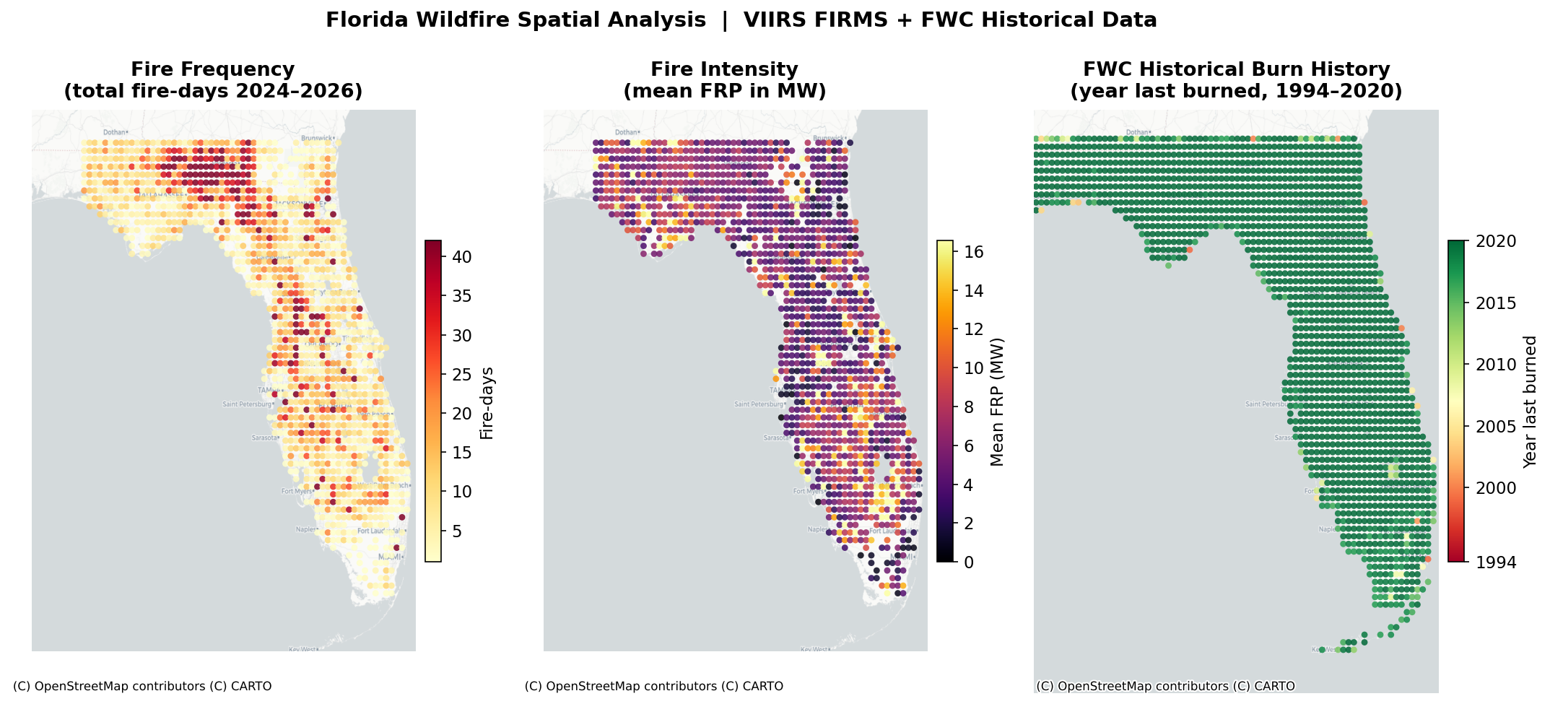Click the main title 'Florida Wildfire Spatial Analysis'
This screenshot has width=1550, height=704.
(515, 20)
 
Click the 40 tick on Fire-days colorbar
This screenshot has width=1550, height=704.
(462, 257)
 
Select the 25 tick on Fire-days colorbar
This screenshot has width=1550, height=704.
(462, 375)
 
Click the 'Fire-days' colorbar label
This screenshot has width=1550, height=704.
(487, 403)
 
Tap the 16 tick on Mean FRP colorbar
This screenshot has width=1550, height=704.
(974, 251)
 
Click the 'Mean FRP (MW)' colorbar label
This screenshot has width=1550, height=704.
(998, 402)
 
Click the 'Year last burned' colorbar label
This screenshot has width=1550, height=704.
(1530, 401)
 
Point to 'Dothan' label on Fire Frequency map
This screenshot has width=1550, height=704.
(114, 132)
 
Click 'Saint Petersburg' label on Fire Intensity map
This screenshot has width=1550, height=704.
(757, 404)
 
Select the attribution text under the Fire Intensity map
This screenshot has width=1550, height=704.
(654, 686)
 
